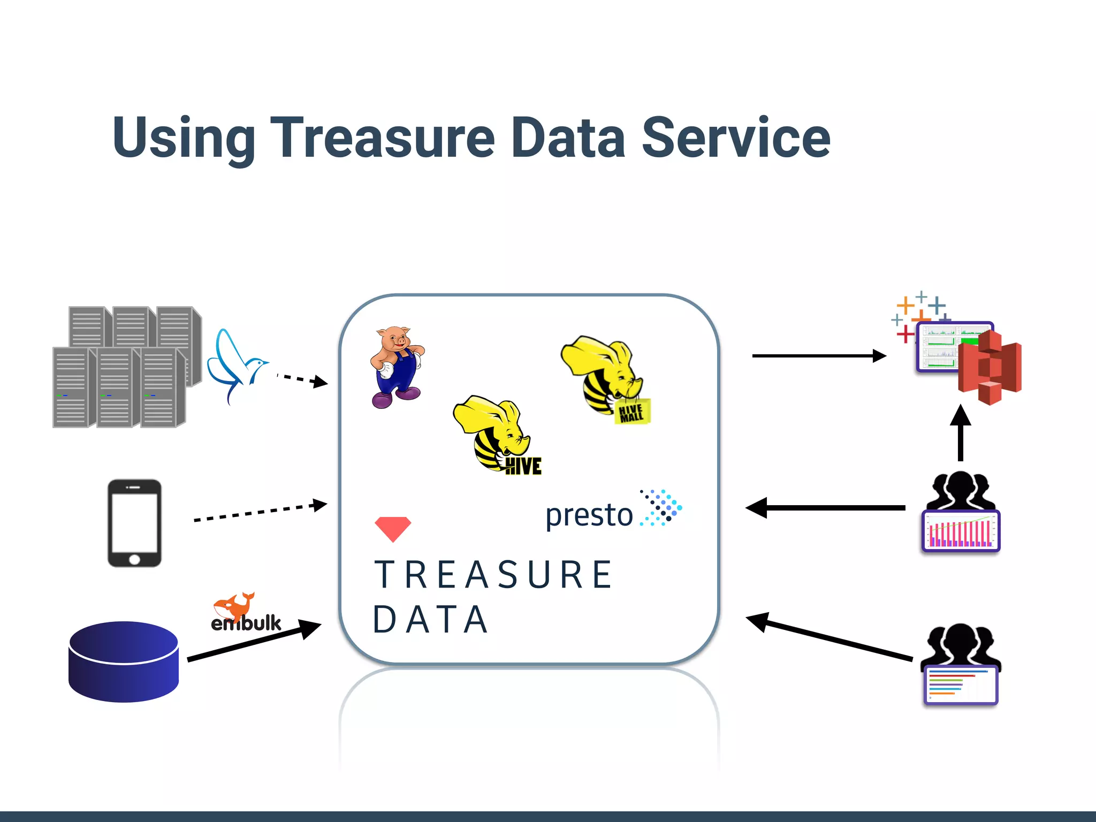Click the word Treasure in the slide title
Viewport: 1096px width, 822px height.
pos(382,138)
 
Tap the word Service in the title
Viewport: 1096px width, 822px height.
pos(735,138)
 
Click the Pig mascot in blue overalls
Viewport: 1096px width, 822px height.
pos(397,367)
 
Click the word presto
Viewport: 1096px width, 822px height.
pos(589,515)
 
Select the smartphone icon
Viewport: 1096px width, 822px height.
pos(134,523)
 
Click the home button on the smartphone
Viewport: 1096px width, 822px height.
pos(134,559)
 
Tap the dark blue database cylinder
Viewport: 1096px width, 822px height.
pos(124,661)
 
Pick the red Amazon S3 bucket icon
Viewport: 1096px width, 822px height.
pos(990,367)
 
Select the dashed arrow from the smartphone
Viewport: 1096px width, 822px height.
pos(260,512)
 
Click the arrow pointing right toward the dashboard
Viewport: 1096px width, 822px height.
pos(819,356)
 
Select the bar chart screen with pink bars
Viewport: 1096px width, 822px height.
pos(961,531)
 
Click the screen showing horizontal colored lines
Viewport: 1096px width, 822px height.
pos(961,685)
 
